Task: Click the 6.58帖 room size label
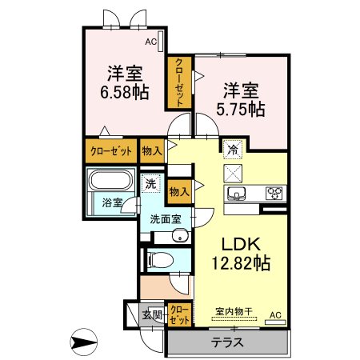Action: (124, 93)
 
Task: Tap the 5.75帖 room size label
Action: (241, 110)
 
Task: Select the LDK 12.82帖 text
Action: (241, 254)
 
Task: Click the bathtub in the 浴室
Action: (111, 180)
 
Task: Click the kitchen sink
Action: (236, 193)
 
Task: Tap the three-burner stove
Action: (274, 193)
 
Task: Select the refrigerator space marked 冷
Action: (233, 150)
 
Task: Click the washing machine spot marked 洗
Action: (151, 183)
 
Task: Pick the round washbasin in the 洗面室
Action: (180, 236)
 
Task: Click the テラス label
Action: (227, 342)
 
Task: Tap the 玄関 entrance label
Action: (152, 316)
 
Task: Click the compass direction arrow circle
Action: (83, 342)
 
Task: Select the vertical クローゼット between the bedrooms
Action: (179, 82)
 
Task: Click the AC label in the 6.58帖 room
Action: (150, 42)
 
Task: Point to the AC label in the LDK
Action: (275, 315)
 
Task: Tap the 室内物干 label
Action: (234, 311)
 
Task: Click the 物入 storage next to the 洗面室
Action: (179, 191)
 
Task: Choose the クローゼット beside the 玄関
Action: (180, 314)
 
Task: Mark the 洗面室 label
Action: (166, 219)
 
